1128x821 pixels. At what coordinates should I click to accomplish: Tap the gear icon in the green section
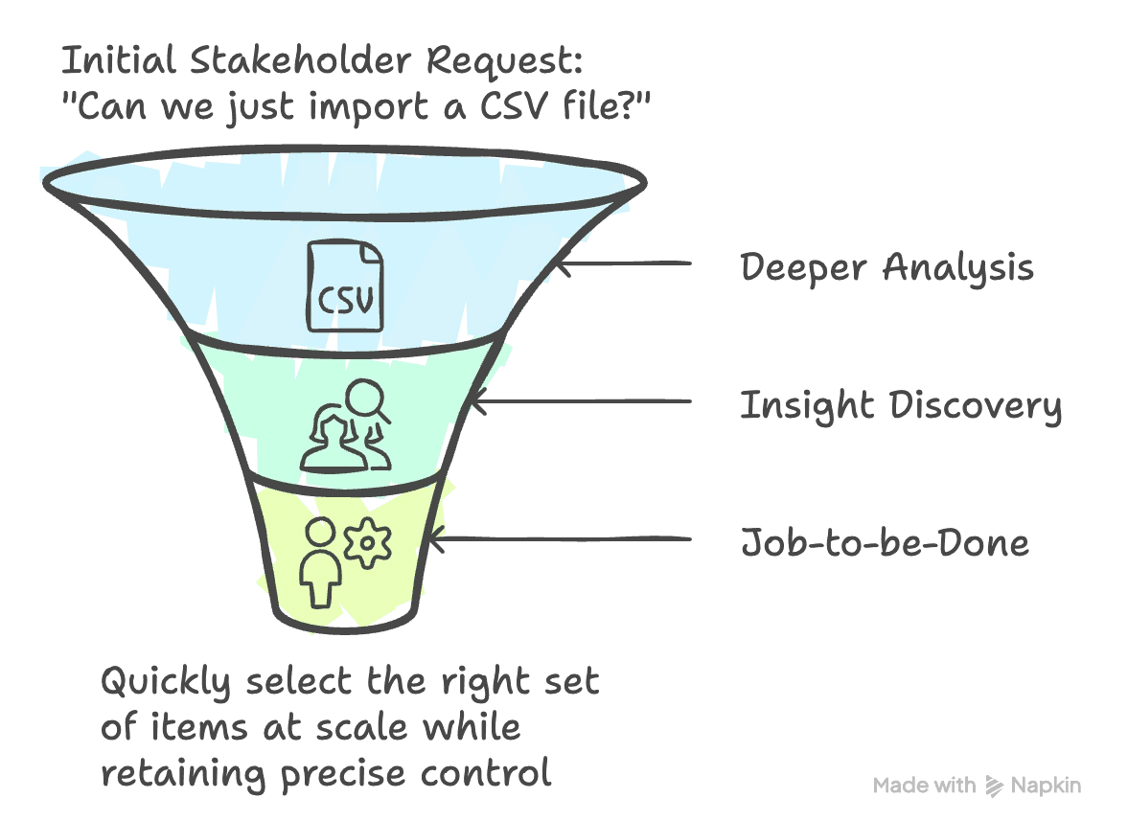(367, 543)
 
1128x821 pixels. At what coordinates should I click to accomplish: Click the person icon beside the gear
(320, 565)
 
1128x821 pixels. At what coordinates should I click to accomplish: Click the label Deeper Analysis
(886, 267)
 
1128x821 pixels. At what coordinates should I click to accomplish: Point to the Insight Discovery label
(900, 406)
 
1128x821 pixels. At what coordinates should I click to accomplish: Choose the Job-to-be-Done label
(885, 543)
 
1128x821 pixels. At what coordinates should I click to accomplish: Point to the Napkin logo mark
(994, 787)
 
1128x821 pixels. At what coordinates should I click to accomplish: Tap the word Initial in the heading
(118, 61)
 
